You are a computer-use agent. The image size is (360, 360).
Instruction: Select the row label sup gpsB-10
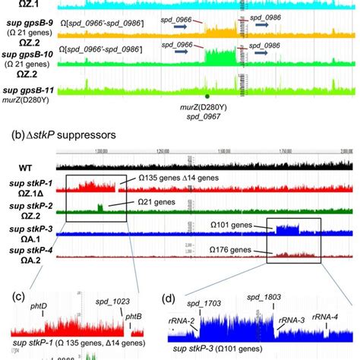27,55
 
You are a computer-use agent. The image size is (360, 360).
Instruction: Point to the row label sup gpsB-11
28,90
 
